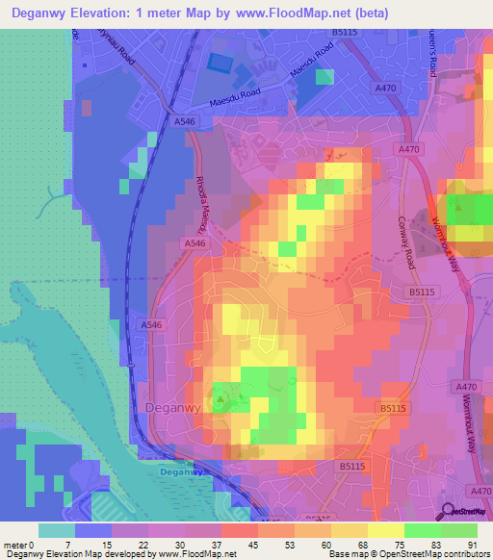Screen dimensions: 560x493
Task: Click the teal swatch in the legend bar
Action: [57, 530]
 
